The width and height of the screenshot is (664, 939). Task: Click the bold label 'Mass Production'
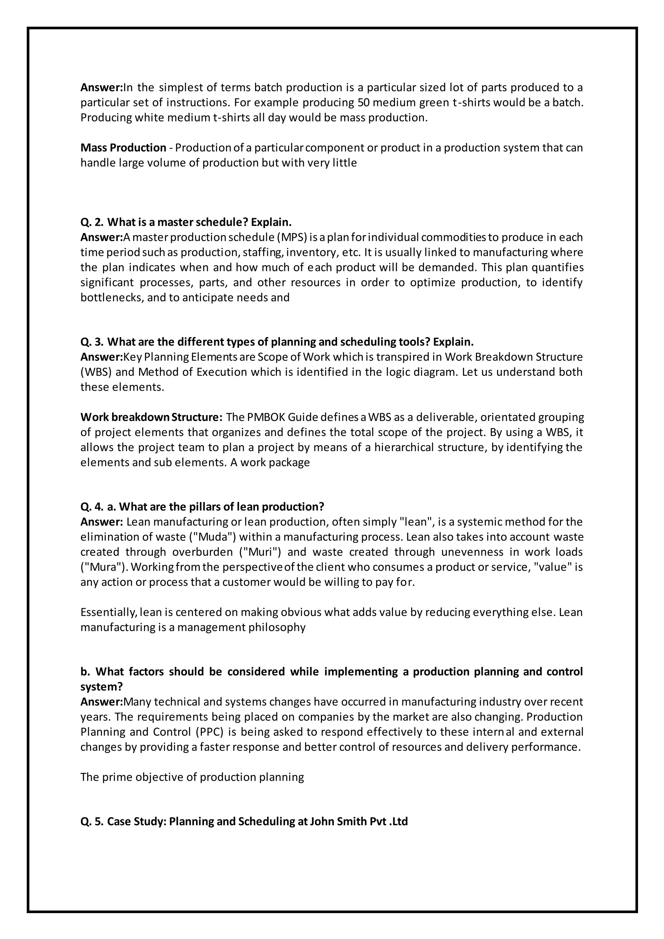123,148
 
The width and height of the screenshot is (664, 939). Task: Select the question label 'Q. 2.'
92,222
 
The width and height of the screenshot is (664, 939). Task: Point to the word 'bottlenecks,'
112,298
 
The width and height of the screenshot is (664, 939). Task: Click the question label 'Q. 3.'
92,342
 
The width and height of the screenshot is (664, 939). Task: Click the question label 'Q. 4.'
92,507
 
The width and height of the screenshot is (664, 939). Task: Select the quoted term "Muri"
260,552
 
